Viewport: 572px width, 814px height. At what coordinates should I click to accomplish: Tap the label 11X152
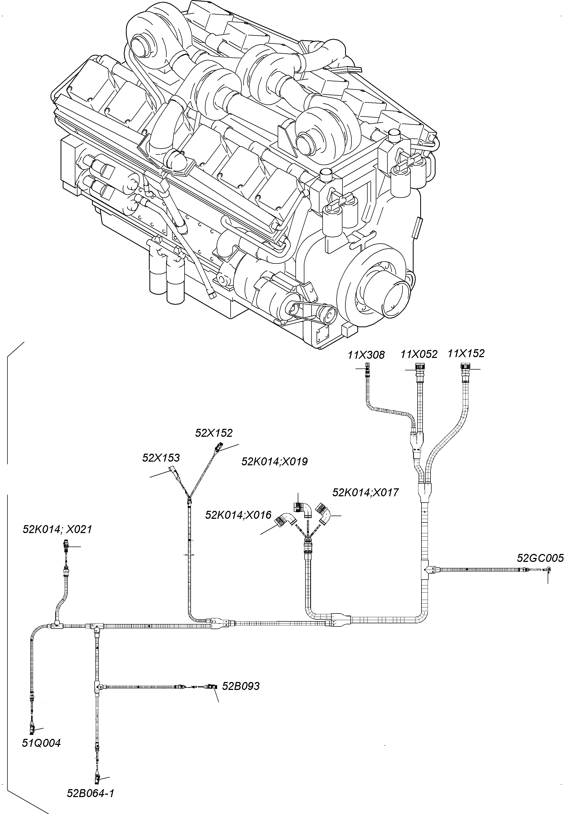click(466, 353)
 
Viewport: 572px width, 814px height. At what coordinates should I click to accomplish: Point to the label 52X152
click(214, 433)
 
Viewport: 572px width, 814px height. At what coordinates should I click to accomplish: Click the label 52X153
click(161, 458)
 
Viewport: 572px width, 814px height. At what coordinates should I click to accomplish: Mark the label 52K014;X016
click(238, 515)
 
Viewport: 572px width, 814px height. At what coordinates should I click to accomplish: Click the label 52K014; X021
click(57, 530)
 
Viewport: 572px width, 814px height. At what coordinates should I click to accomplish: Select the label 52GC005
click(540, 558)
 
